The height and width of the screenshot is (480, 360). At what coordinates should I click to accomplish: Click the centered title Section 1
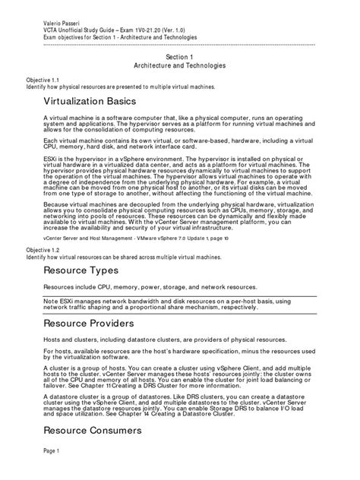click(x=180, y=57)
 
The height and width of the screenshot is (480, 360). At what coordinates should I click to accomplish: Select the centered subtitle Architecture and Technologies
click(x=180, y=66)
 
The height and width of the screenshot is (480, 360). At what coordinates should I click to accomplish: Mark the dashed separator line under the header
click(x=180, y=44)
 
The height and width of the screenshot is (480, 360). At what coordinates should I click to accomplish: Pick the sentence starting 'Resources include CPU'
click(x=149, y=289)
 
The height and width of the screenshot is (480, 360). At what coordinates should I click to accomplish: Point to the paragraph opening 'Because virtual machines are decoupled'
click(x=174, y=216)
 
